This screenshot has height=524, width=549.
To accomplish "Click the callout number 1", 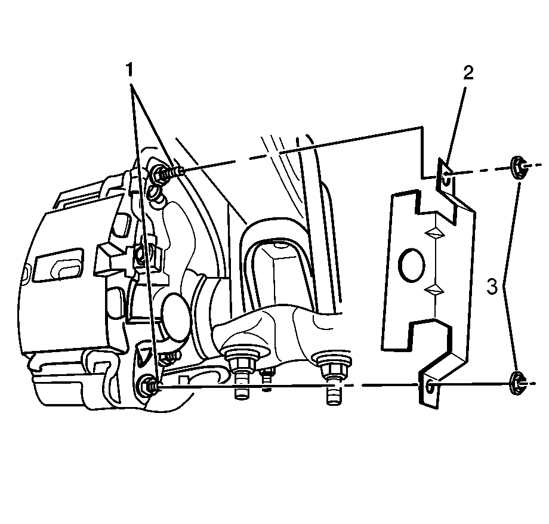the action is click(x=130, y=70).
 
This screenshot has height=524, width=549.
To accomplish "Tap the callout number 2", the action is click(x=468, y=72).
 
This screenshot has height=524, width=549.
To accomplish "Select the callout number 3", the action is click(x=492, y=286).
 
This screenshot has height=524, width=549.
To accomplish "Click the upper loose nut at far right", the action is click(x=518, y=168).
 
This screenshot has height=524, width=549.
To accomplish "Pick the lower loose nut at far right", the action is click(x=517, y=384).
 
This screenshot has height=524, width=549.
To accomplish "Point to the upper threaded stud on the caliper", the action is click(x=167, y=172).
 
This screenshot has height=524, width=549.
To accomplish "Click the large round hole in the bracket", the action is click(x=412, y=265).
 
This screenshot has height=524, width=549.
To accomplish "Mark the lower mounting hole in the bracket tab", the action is click(x=430, y=387).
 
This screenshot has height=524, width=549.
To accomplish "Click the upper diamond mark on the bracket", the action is click(x=434, y=233).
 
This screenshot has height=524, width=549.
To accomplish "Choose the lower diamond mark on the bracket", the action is click(x=434, y=290).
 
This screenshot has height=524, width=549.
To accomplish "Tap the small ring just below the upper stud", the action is click(x=156, y=193).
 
